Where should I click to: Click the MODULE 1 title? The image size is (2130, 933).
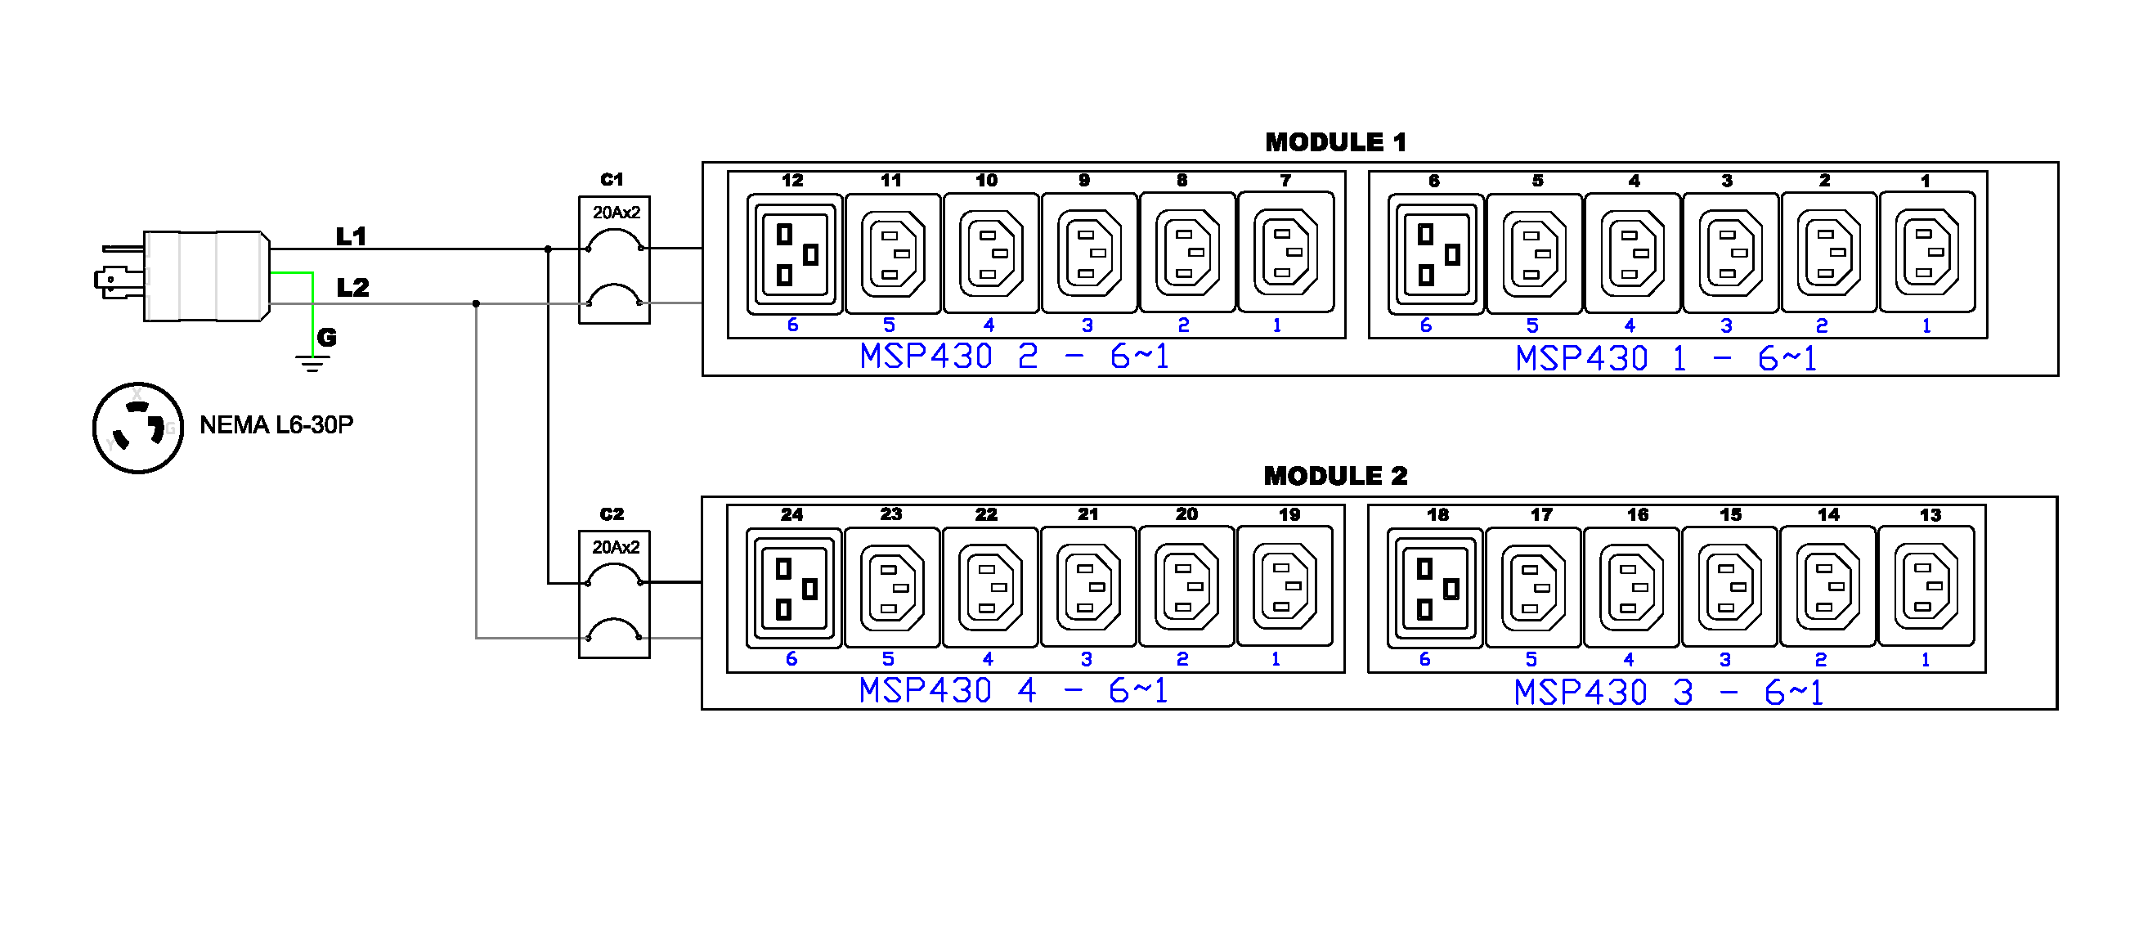1334,142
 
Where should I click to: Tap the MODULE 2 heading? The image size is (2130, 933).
1334,476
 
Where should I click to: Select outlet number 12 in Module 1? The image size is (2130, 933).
794,254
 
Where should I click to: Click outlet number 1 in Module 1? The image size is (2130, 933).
1926,253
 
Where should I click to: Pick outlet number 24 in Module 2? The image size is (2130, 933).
793,588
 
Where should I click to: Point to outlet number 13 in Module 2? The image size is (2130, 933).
1926,586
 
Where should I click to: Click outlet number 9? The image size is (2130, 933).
1089,253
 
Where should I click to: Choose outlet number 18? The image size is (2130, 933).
1435,588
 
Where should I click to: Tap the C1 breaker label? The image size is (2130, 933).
612,180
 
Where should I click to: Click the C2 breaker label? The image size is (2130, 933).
612,514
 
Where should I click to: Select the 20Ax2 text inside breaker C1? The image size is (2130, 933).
616,213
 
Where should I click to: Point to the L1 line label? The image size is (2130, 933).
352,236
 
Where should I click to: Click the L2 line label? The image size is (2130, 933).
353,288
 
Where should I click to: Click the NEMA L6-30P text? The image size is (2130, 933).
276,425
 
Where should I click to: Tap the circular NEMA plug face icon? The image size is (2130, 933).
138,428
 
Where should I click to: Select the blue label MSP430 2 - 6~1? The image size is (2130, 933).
1014,357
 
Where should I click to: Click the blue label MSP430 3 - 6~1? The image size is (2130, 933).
1668,693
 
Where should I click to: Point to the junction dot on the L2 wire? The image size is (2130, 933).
476,303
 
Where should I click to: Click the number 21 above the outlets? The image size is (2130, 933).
1088,514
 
